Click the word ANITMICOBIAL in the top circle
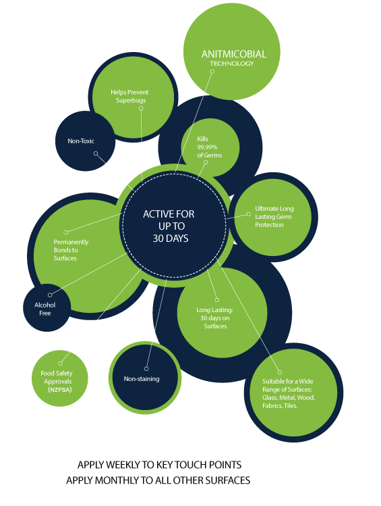pos(234,54)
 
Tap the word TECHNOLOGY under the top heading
pos(232,64)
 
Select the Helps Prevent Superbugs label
pos(129,96)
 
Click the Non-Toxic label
pos(81,141)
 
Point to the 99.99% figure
pos(208,147)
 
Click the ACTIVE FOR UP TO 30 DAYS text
pos(169,226)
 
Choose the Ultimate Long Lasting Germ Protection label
pos(274,217)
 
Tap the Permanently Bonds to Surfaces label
pos(71,250)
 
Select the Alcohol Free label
pos(45,309)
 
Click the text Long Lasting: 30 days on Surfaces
pos(215,318)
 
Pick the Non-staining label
pos(142,379)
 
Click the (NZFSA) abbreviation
pos(60,390)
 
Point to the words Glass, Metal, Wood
pos(289,397)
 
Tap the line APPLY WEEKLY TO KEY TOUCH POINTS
pos(159,465)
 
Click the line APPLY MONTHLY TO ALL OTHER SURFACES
pos(158,480)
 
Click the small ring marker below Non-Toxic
pos(96,153)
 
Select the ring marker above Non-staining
pos(146,369)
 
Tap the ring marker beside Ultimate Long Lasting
pos(249,214)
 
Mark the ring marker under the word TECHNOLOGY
pos(212,72)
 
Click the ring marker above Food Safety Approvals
pos(60,363)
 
